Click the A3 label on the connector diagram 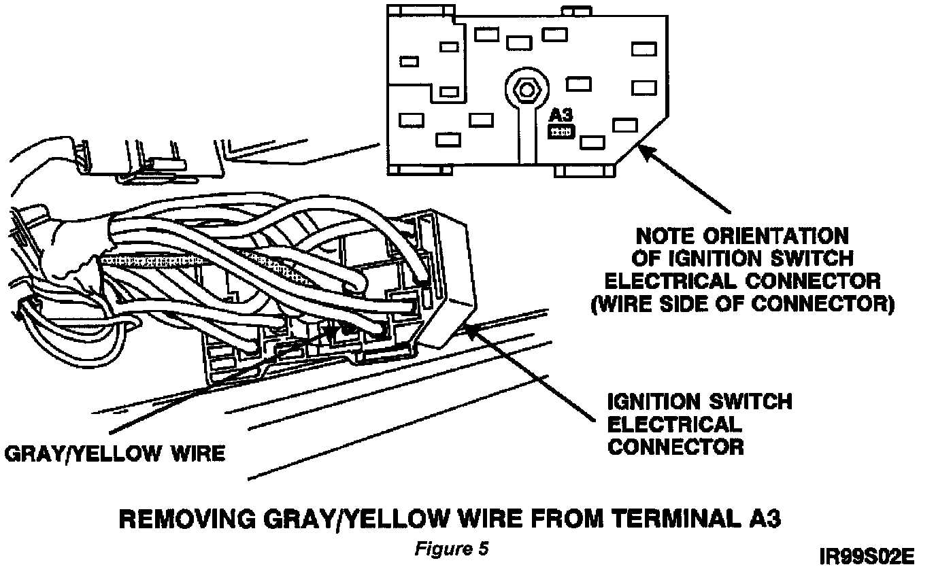click(561, 114)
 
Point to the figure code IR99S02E click(867, 557)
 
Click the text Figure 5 click(451, 549)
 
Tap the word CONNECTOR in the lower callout click(675, 447)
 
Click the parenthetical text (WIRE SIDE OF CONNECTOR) click(742, 303)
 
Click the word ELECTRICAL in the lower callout click(673, 424)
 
